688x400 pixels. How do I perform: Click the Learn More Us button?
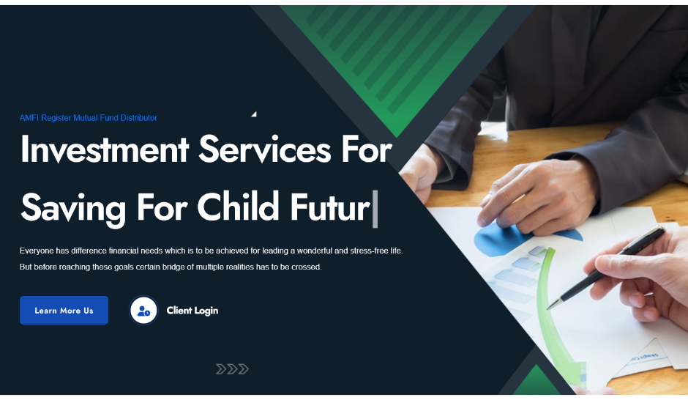(64, 311)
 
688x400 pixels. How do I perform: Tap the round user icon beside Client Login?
(143, 311)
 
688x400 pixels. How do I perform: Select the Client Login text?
(192, 311)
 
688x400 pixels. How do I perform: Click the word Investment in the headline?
(105, 149)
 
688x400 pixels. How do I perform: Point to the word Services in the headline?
(264, 149)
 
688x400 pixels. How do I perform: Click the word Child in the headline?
(239, 207)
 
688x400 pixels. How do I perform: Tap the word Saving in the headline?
(73, 210)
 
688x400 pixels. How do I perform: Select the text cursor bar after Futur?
(375, 209)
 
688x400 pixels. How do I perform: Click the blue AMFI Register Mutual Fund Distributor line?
(88, 118)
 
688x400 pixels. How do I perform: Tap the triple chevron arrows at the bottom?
(232, 368)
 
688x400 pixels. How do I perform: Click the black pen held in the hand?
(606, 267)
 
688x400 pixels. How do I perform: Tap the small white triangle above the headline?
(254, 114)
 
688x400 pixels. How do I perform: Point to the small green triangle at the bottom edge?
(536, 380)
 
